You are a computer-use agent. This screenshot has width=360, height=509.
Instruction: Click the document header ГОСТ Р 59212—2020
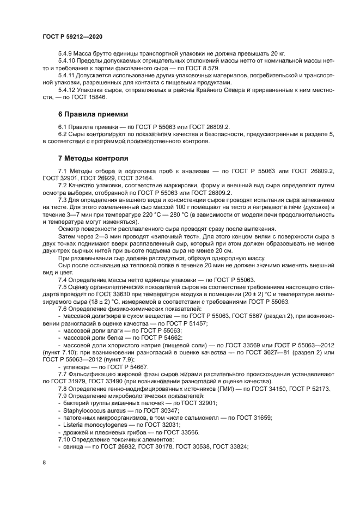click(72, 35)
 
